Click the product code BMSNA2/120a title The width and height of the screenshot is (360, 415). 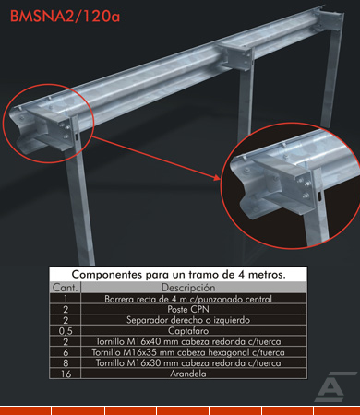click(x=65, y=17)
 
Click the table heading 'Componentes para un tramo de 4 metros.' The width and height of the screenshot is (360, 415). click(x=178, y=274)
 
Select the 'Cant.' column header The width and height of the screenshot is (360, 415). click(x=65, y=288)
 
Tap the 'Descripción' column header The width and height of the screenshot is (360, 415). click(x=188, y=288)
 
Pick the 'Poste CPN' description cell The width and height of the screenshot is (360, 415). click(x=188, y=309)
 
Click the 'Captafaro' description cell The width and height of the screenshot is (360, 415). click(x=188, y=331)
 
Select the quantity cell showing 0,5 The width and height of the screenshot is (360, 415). click(x=66, y=331)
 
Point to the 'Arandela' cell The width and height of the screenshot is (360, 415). click(x=188, y=373)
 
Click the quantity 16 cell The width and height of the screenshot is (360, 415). click(x=66, y=373)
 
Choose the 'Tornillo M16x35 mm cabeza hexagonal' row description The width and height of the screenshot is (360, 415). click(x=188, y=352)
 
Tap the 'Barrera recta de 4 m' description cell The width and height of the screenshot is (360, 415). click(x=188, y=299)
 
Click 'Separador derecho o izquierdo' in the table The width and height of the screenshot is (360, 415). click(x=188, y=320)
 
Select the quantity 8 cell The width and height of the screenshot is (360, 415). click(x=66, y=363)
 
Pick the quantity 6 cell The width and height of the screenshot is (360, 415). click(x=66, y=352)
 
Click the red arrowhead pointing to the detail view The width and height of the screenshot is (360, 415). click(x=217, y=177)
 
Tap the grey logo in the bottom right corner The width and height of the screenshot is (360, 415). click(x=334, y=386)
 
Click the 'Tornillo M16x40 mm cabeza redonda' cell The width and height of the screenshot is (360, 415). click(x=188, y=341)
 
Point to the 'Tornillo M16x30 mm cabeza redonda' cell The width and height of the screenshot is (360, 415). click(x=188, y=363)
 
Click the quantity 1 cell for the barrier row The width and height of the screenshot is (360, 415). click(x=66, y=299)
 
